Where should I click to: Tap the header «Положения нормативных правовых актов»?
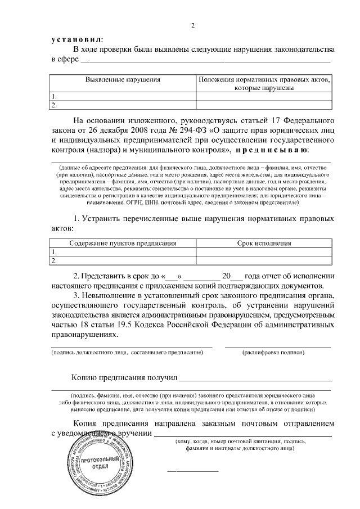[x=264, y=80]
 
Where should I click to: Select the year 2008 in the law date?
[x=125, y=130]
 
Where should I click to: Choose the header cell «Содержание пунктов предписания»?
[x=123, y=244]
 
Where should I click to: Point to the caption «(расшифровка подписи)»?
[x=273, y=352]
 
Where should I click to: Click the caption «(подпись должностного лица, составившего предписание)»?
[x=127, y=352]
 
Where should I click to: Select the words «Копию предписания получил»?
[x=125, y=377]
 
